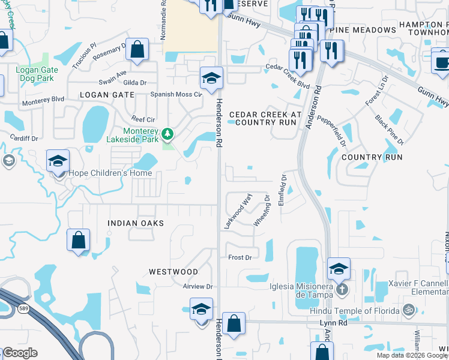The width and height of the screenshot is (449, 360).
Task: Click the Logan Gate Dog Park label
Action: pos(37,74)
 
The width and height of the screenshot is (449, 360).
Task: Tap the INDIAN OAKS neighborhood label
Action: pos(135,223)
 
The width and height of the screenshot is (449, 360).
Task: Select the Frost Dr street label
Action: pos(240,257)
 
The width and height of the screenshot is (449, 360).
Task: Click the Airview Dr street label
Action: pos(198,287)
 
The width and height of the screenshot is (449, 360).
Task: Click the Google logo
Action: pos(20,352)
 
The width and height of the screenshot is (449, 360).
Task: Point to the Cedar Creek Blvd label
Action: pos(288,76)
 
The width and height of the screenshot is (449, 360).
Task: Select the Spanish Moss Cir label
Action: pos(176,94)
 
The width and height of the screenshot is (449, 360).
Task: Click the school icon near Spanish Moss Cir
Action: pos(211,78)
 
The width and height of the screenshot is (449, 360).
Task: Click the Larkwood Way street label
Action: pos(238,210)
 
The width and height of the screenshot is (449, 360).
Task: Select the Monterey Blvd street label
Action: pos(43,99)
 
